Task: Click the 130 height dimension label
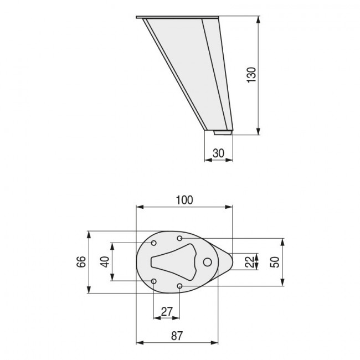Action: tap(251, 75)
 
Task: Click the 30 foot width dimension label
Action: tap(218, 153)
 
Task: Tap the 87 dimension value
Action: tap(177, 335)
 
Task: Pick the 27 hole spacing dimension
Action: tap(166, 311)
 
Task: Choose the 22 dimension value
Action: tap(250, 261)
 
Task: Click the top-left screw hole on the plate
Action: tap(155, 243)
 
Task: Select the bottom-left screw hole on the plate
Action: tap(155, 281)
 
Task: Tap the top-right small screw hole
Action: tap(180, 238)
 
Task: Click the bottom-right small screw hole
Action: tap(180, 286)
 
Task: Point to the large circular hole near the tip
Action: tap(208, 262)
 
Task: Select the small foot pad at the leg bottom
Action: tap(223, 132)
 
